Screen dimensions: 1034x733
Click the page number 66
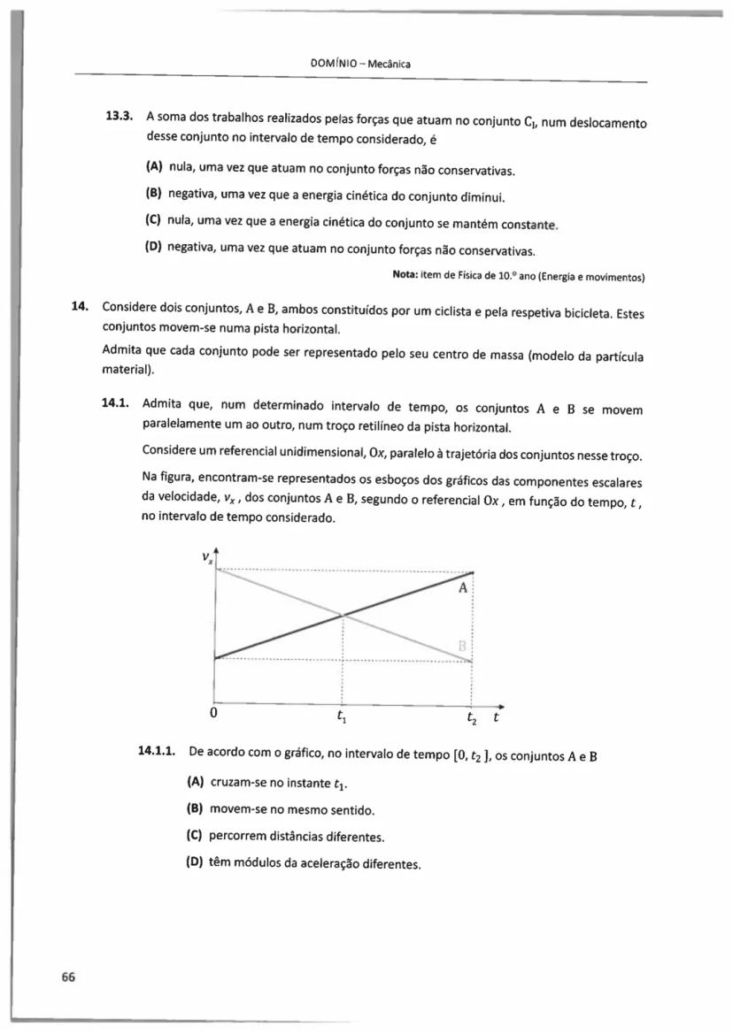pyautogui.click(x=67, y=977)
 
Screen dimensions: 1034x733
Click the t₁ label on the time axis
pyautogui.click(x=342, y=717)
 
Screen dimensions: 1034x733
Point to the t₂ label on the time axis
pyautogui.click(x=473, y=718)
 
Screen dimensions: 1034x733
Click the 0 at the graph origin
pyautogui.click(x=213, y=712)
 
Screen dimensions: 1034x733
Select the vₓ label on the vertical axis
pyautogui.click(x=206, y=559)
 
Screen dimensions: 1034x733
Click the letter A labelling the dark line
pyautogui.click(x=462, y=588)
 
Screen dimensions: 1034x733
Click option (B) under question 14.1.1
pyautogui.click(x=197, y=809)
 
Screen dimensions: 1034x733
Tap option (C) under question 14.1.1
pyautogui.click(x=197, y=836)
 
